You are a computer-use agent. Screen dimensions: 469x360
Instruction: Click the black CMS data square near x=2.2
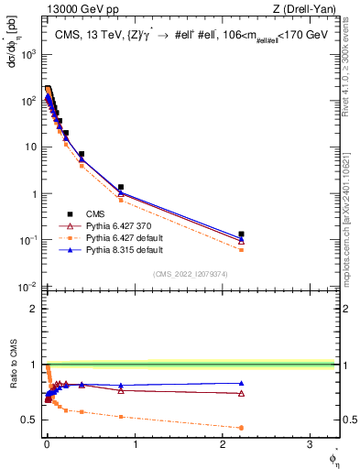tap(241, 234)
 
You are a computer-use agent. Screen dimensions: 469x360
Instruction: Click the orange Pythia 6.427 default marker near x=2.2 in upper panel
tap(241, 249)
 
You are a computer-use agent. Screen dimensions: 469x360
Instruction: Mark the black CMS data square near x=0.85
tap(121, 187)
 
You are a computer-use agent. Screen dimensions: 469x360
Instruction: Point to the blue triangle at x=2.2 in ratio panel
tap(241, 383)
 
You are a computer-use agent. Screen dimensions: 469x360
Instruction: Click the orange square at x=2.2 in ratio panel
tap(241, 428)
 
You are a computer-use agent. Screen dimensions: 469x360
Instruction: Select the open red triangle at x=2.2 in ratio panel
tap(241, 394)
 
